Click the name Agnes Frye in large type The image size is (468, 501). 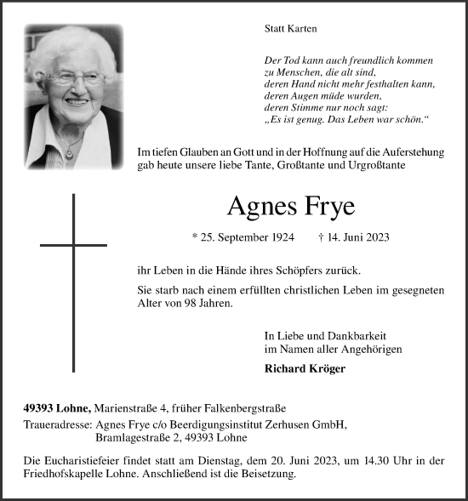coord(291,207)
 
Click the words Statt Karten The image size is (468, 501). coord(290,28)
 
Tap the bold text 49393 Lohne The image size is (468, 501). coord(57,408)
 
